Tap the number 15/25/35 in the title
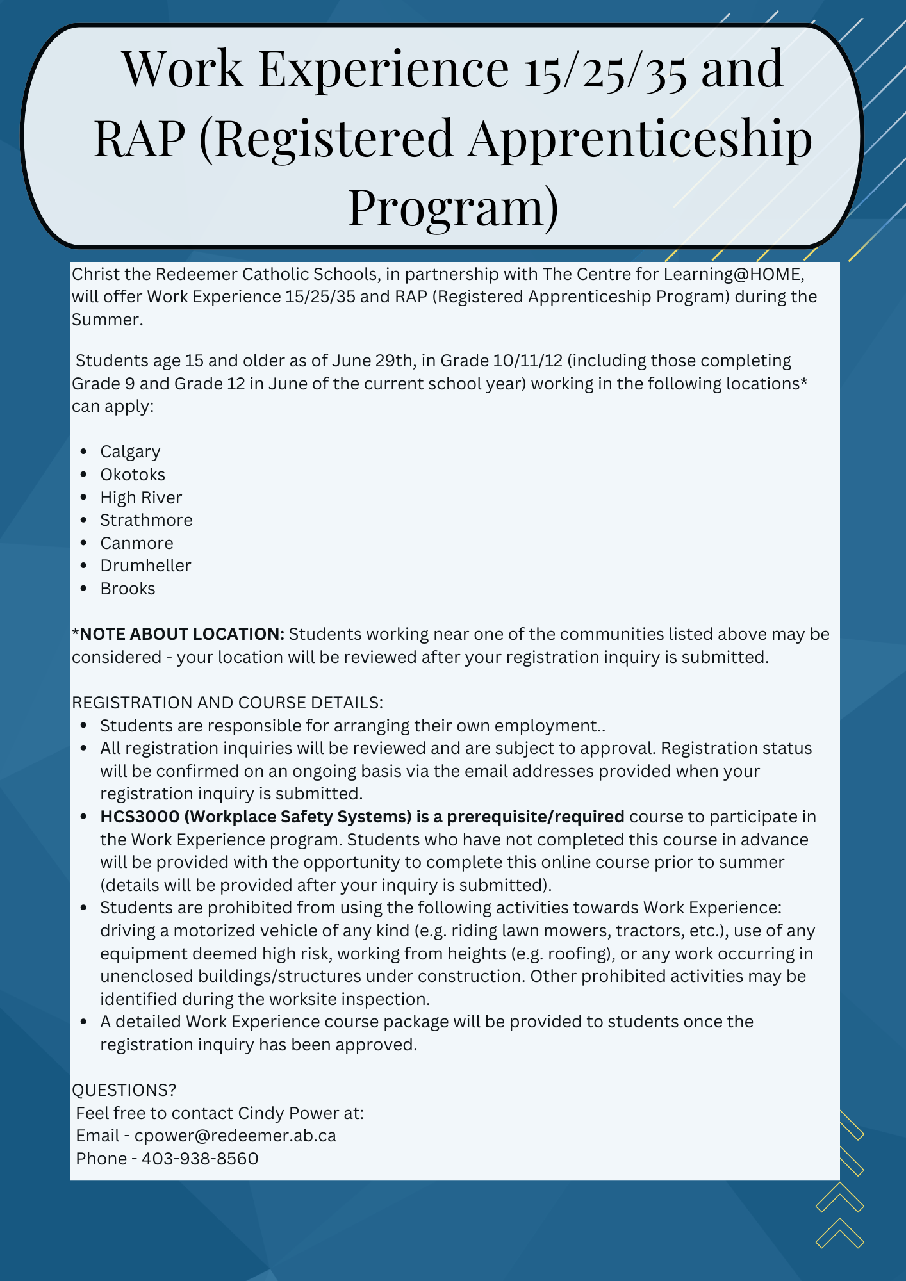605,69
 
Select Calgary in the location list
130,452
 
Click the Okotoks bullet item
133,475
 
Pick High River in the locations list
141,498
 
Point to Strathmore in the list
146,520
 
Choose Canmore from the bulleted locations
136,543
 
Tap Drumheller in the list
145,566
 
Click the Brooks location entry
128,589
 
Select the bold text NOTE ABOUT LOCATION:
182,634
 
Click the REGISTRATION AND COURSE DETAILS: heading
227,703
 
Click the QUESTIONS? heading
124,1090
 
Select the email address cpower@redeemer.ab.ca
235,1136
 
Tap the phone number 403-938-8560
200,1159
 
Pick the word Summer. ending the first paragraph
107,320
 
